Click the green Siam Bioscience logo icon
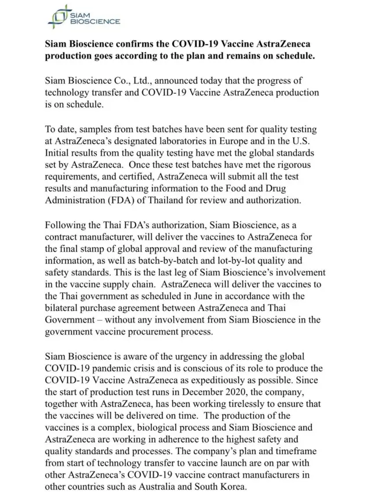click(x=56, y=16)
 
